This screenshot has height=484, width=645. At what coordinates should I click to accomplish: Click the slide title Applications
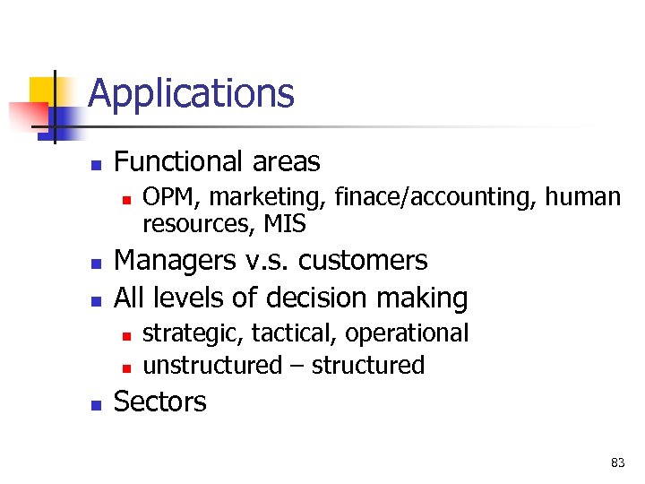(191, 93)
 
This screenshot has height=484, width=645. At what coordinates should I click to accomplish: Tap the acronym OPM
(165, 196)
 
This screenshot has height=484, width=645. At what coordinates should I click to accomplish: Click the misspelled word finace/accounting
(424, 196)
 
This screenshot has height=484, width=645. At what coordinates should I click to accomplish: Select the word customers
(363, 261)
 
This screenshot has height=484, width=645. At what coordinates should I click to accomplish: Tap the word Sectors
(160, 402)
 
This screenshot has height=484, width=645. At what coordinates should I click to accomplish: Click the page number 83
(617, 462)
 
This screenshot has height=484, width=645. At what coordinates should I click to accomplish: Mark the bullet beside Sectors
(96, 403)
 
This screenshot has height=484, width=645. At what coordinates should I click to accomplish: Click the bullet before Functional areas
(96, 164)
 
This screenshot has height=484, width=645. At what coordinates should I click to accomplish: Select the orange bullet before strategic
(126, 335)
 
